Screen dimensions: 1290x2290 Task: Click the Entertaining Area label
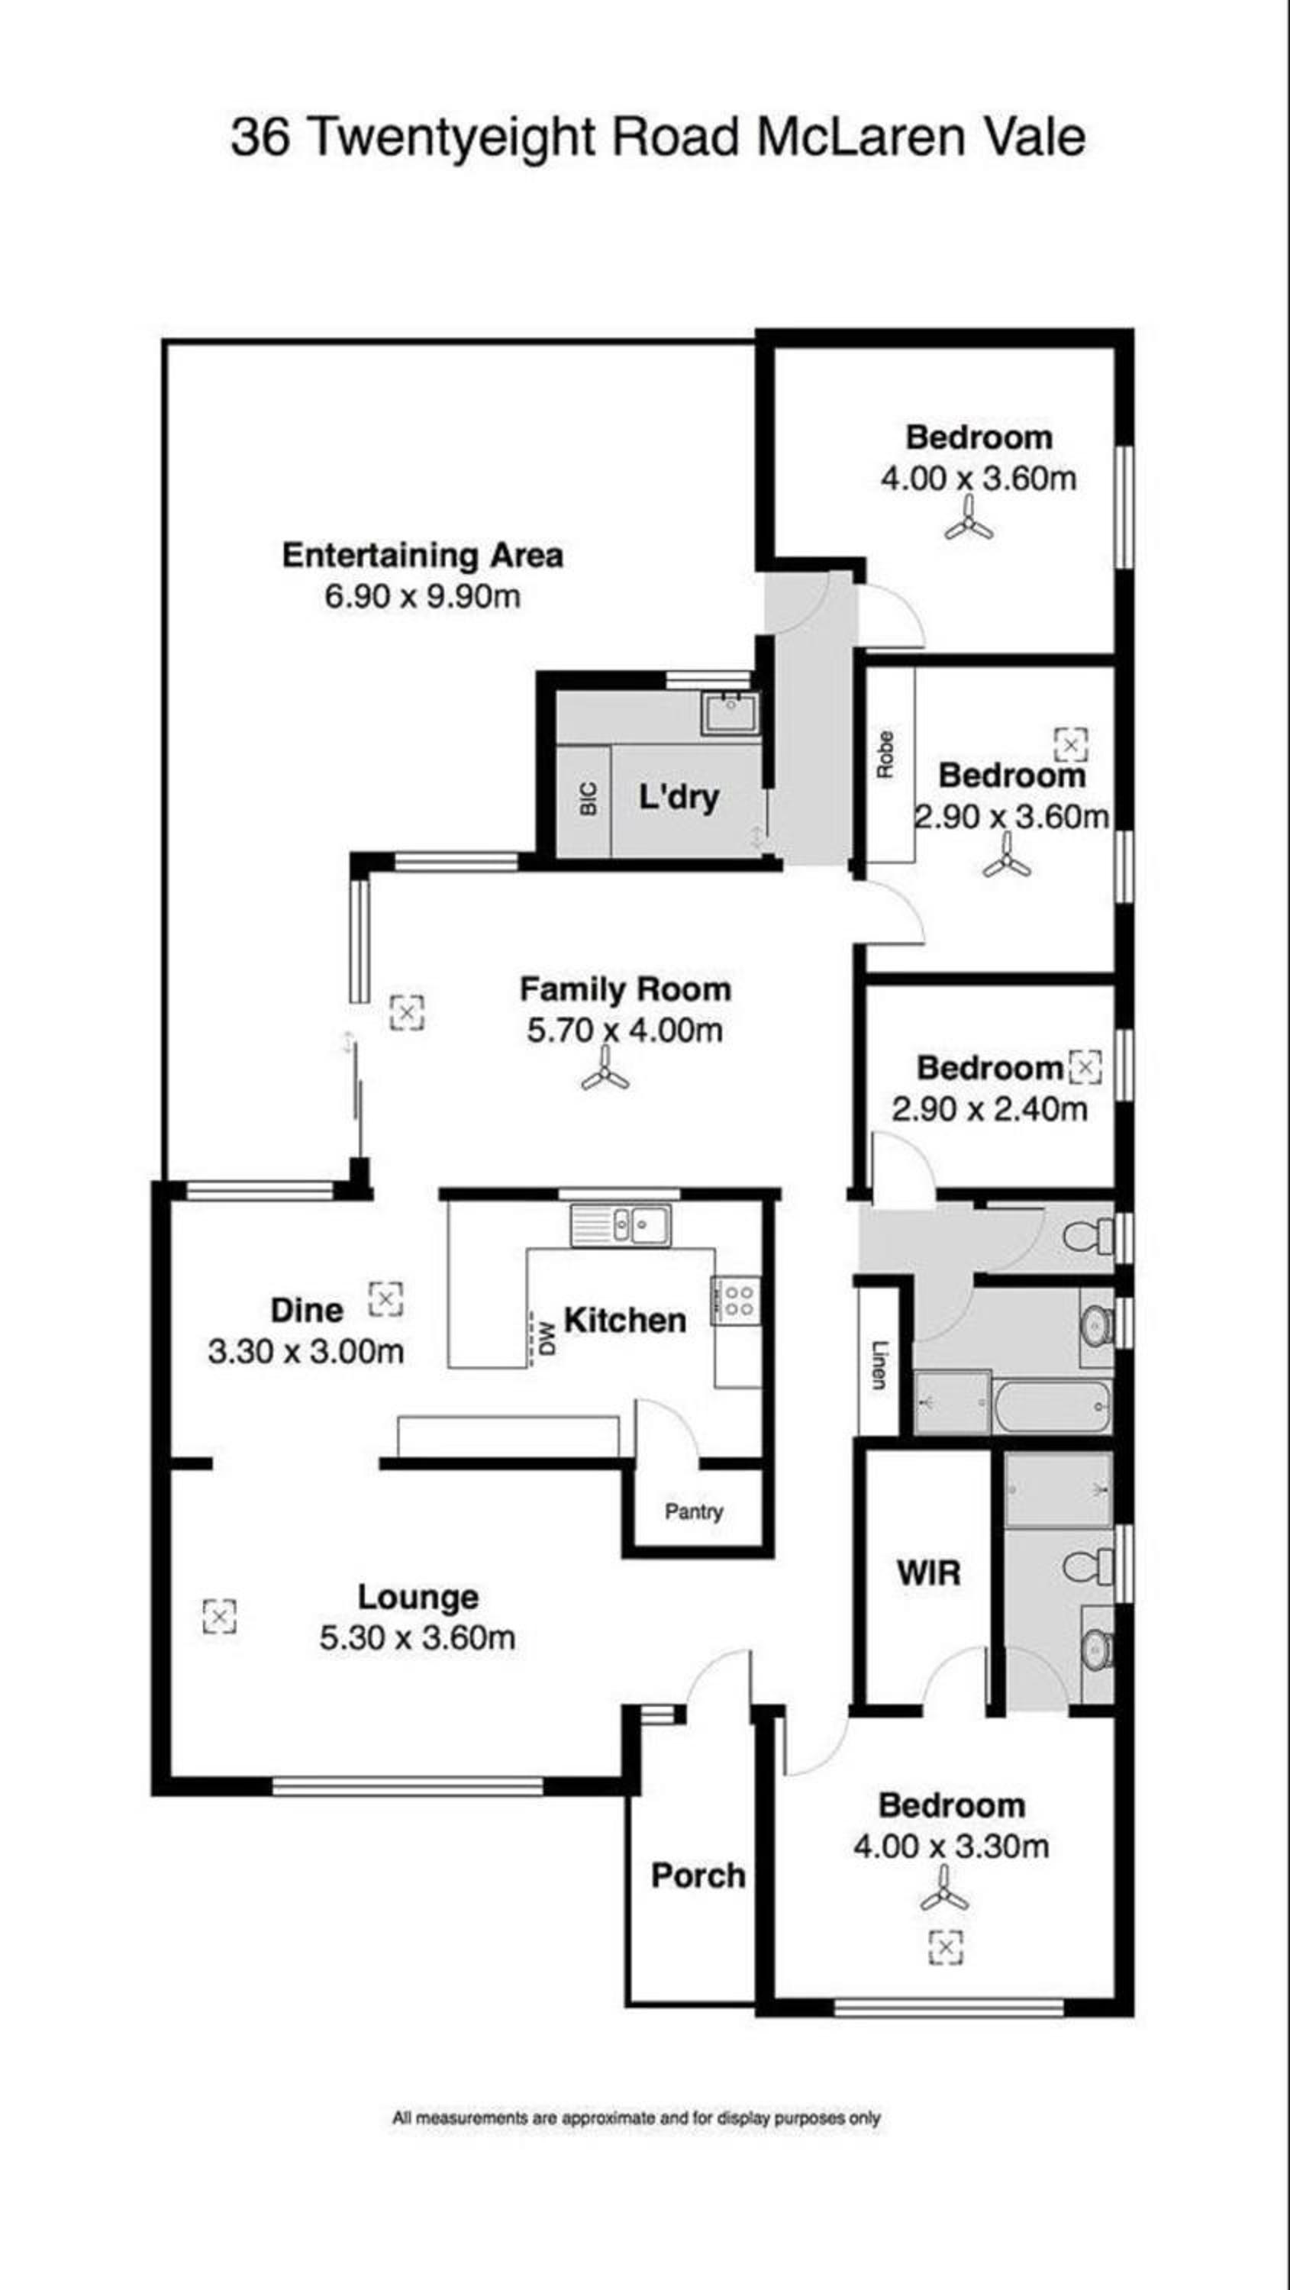tap(422, 556)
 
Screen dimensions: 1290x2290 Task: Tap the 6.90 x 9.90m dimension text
tap(422, 596)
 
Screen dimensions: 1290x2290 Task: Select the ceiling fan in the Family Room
tap(605, 1069)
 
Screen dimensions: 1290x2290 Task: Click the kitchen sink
tap(621, 1225)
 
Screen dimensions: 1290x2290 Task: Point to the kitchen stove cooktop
tap(736, 1301)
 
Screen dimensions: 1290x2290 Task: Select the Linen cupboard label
tap(879, 1366)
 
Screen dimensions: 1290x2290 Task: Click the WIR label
tap(929, 1572)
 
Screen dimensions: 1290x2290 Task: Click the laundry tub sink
tap(730, 714)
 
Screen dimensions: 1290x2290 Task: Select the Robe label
tap(885, 755)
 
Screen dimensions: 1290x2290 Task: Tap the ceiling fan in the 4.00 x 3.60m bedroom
tap(969, 519)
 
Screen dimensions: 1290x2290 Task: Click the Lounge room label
tap(418, 1598)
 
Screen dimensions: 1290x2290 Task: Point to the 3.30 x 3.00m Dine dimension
tap(306, 1352)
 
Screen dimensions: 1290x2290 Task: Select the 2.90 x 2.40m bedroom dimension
tap(989, 1109)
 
